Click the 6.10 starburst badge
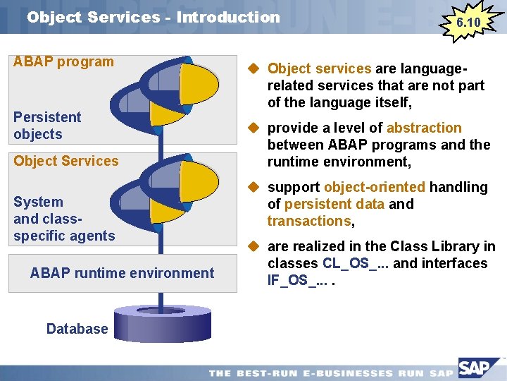coord(468,23)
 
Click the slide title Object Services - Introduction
coord(154,17)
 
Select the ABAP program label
coord(63,61)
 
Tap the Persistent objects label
coord(47,126)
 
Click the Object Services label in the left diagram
coord(66,161)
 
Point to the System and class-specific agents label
coord(63,219)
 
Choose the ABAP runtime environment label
coord(122,273)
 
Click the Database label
coord(77,328)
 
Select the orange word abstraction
coord(424,128)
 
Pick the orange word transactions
coord(308,221)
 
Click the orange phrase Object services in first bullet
coord(319,68)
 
